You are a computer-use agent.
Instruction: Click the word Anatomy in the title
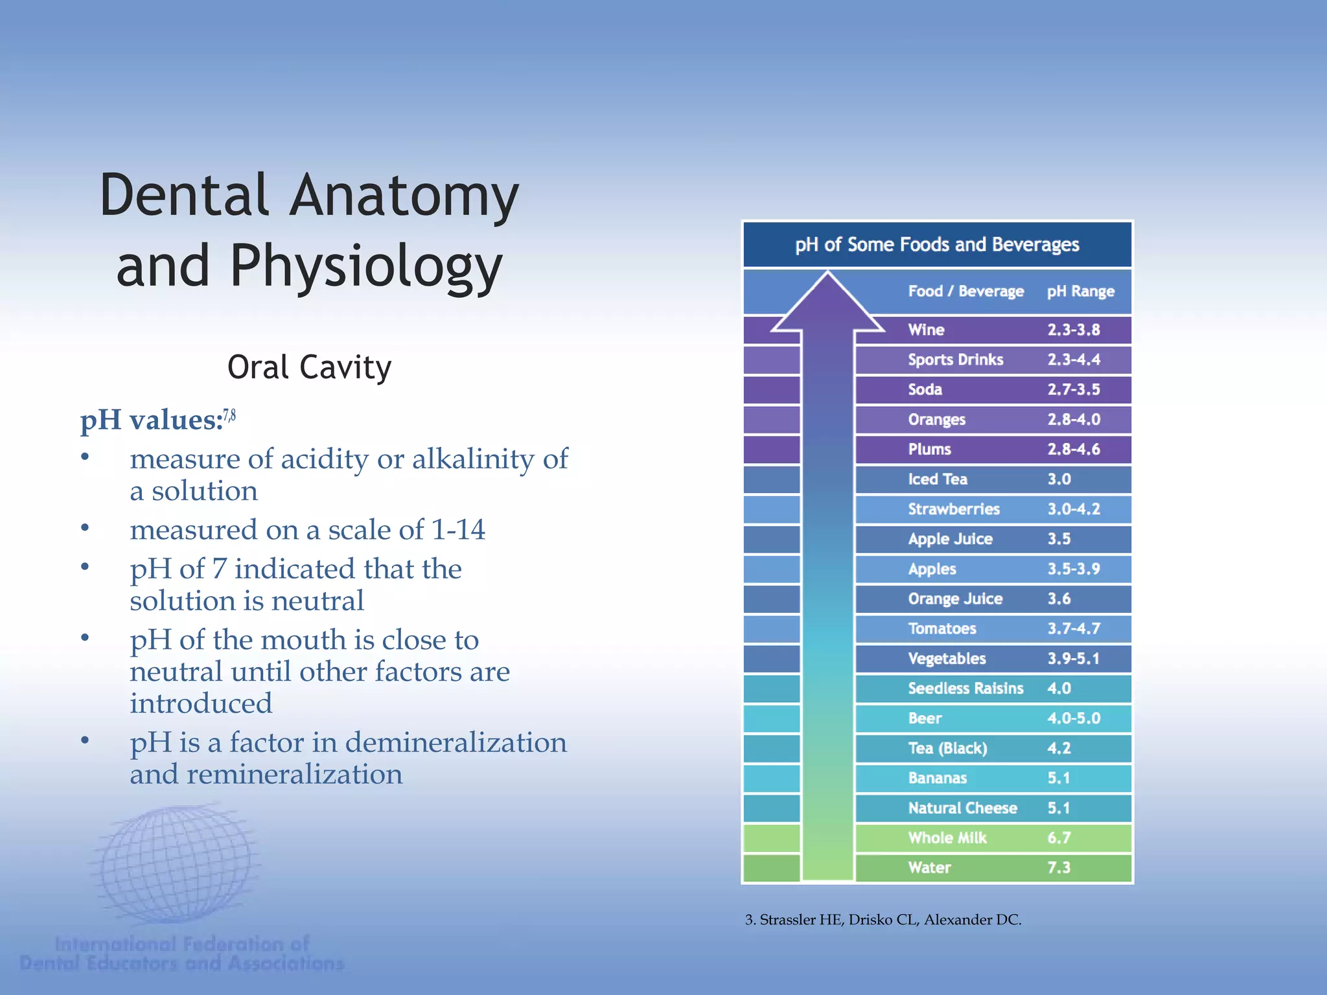pyautogui.click(x=404, y=196)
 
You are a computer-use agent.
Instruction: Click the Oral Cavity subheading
pyautogui.click(x=309, y=367)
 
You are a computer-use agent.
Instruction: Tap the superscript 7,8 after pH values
pyautogui.click(x=229, y=415)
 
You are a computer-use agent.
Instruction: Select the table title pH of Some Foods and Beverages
pyautogui.click(x=937, y=244)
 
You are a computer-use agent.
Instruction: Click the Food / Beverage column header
pyautogui.click(x=965, y=292)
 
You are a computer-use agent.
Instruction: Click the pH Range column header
pyautogui.click(x=1081, y=292)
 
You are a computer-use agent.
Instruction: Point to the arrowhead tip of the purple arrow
pyautogui.click(x=827, y=275)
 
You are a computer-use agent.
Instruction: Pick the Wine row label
pyautogui.click(x=926, y=330)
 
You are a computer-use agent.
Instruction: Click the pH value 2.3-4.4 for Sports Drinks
pyautogui.click(x=1074, y=360)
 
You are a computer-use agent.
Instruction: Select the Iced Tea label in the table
pyautogui.click(x=938, y=479)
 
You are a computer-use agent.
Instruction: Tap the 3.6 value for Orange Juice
pyautogui.click(x=1059, y=599)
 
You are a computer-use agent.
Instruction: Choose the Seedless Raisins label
pyautogui.click(x=965, y=688)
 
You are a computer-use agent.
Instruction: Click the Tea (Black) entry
pyautogui.click(x=947, y=748)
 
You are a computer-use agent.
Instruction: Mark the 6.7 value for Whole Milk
pyautogui.click(x=1059, y=838)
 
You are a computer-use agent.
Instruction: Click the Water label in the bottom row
pyautogui.click(x=929, y=867)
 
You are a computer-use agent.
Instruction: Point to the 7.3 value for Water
pyautogui.click(x=1059, y=867)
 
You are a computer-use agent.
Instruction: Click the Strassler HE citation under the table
pyautogui.click(x=883, y=920)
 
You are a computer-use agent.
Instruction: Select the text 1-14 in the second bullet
pyautogui.click(x=458, y=530)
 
